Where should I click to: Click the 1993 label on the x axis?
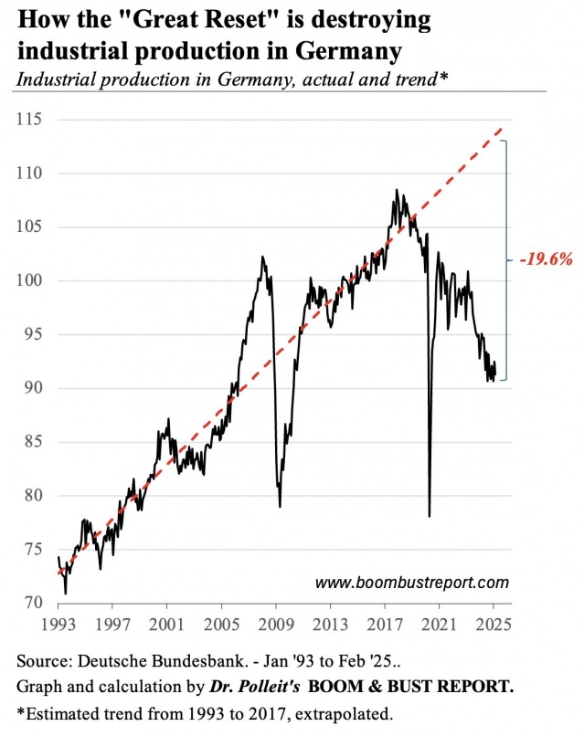pyautogui.click(x=58, y=627)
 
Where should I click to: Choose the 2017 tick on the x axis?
pyautogui.click(x=385, y=627)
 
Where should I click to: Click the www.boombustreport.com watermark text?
pyautogui.click(x=411, y=582)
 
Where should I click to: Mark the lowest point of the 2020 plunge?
pyautogui.click(x=430, y=516)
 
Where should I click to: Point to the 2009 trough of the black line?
pyautogui.click(x=280, y=506)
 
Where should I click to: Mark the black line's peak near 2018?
pyautogui.click(x=397, y=190)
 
